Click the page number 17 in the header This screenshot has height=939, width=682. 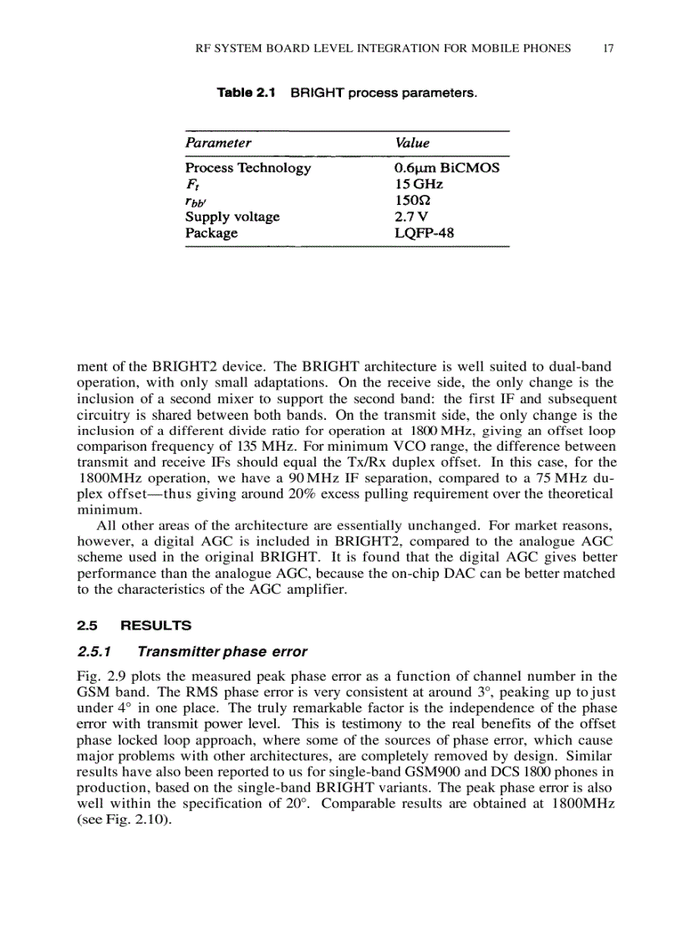608,48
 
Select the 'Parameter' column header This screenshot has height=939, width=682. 218,143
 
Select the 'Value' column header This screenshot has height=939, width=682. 412,143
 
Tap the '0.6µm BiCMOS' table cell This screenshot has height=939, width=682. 446,168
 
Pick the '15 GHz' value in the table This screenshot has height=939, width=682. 419,184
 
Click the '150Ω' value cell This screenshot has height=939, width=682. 414,201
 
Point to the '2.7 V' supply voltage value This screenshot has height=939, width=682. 411,217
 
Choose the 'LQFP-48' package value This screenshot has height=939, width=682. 425,233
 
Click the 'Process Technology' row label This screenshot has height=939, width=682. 247,168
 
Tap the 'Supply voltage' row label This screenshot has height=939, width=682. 232,217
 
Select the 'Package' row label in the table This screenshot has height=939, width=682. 211,233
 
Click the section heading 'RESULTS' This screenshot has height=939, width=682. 156,625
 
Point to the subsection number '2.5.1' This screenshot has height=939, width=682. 94,651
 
